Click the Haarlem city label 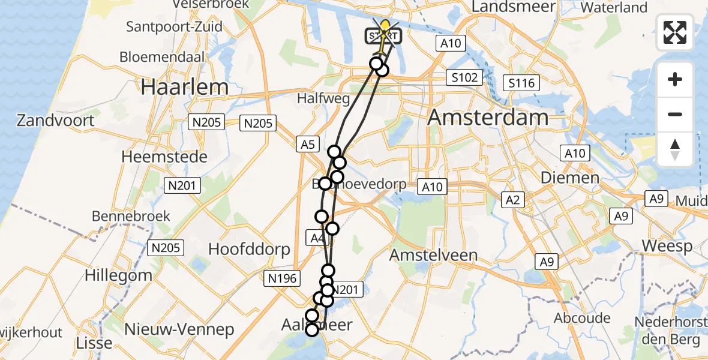[x=185, y=87]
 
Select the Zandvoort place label [x=55, y=121]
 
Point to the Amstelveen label [x=434, y=255]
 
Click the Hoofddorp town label [x=249, y=249]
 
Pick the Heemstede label [x=164, y=157]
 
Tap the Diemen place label [x=570, y=178]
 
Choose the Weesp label [x=667, y=246]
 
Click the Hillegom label [x=118, y=275]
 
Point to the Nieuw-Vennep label [x=179, y=329]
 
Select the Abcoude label [x=583, y=318]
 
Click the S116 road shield [x=521, y=83]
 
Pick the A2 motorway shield [x=512, y=200]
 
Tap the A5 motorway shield [x=308, y=144]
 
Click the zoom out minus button [x=675, y=114]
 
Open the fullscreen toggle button [x=675, y=32]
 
